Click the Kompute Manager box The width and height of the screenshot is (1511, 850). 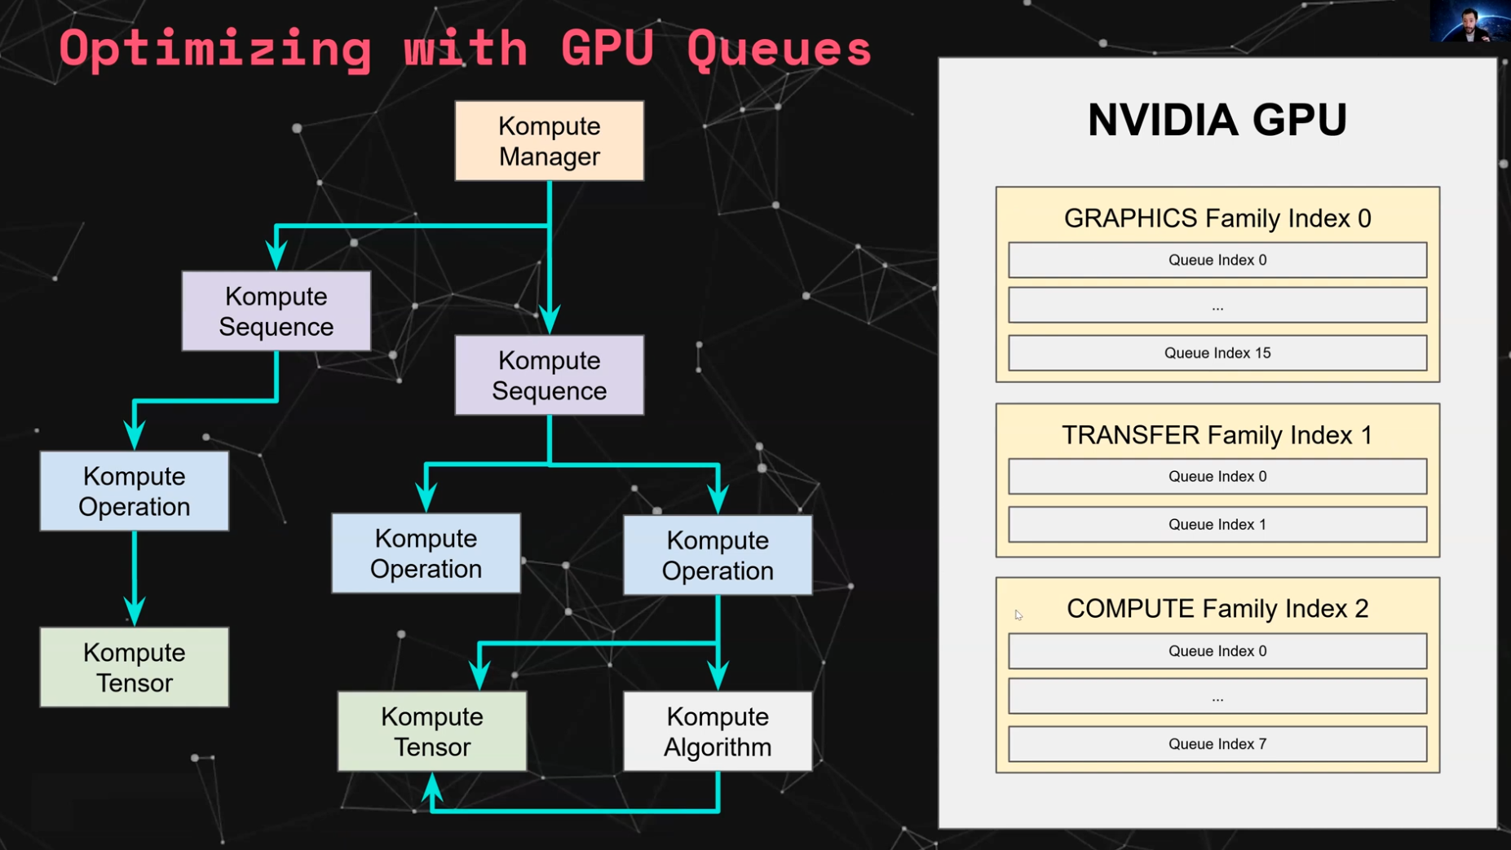[x=549, y=141]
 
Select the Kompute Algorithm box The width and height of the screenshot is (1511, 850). [x=717, y=731]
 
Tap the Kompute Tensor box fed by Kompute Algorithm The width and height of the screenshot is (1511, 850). [x=431, y=731]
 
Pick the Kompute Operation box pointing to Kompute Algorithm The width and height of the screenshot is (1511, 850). [x=717, y=555]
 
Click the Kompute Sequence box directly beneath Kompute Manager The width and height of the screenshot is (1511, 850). [x=549, y=375]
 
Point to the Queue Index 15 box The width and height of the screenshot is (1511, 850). [x=1217, y=353]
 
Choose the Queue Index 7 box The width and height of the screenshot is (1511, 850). [x=1217, y=744]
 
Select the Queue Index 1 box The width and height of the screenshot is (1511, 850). [x=1217, y=525]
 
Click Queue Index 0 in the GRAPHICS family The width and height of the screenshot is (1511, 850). [x=1217, y=260]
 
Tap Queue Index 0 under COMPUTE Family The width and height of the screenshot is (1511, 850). [x=1217, y=651]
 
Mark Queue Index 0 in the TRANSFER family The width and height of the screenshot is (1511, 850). [x=1217, y=477]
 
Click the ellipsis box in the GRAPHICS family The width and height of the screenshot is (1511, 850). [x=1217, y=306]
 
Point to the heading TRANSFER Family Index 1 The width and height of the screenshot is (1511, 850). [x=1217, y=435]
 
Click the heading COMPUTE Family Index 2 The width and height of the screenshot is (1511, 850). [x=1217, y=609]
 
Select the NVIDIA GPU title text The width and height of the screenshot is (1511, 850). [x=1217, y=120]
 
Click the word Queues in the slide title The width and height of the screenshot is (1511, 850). [x=779, y=49]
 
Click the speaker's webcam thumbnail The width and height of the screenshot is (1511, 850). [x=1469, y=21]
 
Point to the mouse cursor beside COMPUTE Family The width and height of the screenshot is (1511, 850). [x=1018, y=615]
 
